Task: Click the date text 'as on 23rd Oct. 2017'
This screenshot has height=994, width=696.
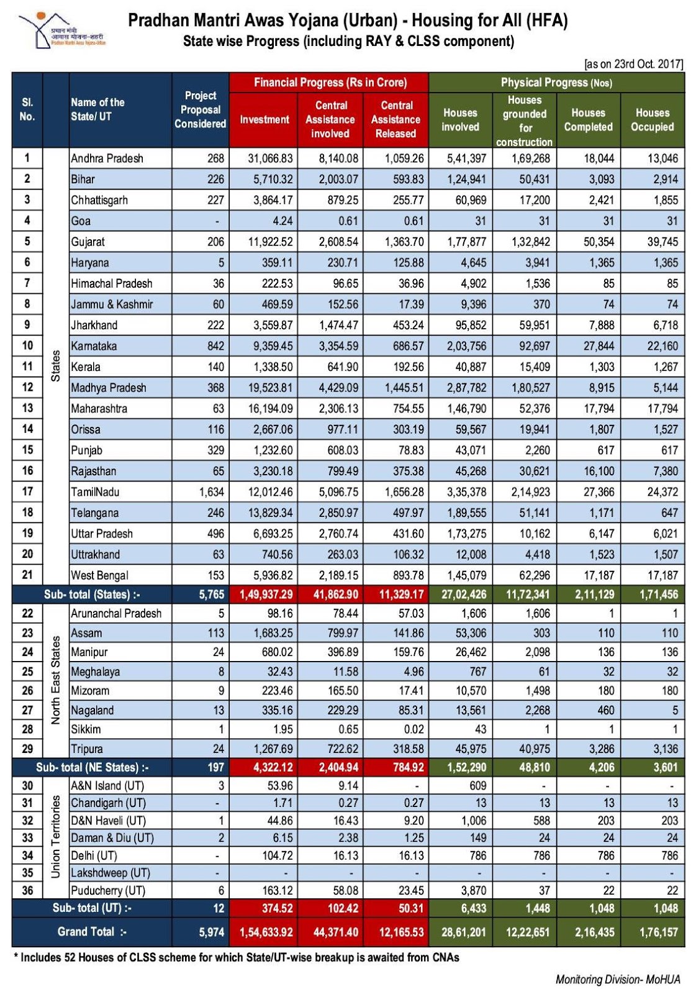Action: coord(633,64)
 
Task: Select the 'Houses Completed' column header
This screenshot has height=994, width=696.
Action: coord(588,119)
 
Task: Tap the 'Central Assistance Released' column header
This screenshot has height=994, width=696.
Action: coord(395,119)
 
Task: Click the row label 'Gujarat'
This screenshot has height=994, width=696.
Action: coord(88,242)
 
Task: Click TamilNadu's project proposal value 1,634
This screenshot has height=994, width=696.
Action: coord(211,492)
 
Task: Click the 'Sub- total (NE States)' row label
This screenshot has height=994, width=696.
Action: coord(92,767)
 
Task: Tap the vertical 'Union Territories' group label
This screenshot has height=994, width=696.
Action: coord(56,837)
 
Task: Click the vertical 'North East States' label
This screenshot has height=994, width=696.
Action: coord(56,680)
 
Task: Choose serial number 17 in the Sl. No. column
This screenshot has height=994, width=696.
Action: coord(27,491)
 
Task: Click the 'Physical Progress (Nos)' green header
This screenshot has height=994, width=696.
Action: coord(556,82)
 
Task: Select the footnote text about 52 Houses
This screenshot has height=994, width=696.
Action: coord(236,957)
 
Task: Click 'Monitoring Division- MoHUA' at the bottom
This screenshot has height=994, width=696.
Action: coord(617,980)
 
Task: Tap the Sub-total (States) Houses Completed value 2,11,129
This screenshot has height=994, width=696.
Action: coord(594,594)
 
